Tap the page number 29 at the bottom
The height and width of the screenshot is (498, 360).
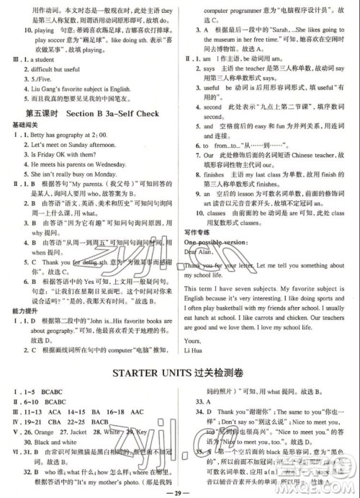click(x=180, y=490)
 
